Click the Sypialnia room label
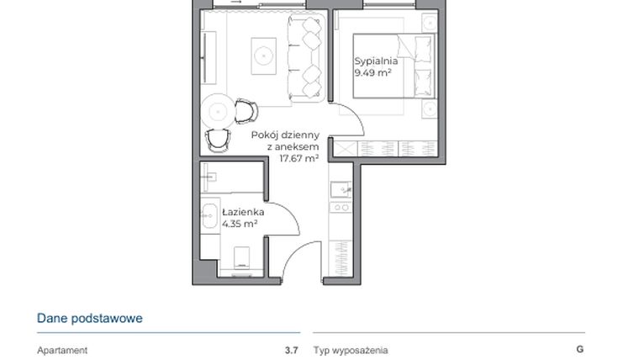click(375, 61)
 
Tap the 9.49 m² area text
click(375, 73)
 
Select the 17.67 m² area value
click(298, 157)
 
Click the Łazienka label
click(243, 213)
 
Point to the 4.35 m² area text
click(240, 225)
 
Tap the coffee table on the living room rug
click(264, 55)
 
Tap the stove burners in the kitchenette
click(342, 207)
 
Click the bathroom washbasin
click(210, 214)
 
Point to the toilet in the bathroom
click(241, 257)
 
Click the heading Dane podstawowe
click(89, 318)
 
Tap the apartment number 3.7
click(291, 350)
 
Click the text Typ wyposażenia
click(351, 350)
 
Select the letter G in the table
click(579, 349)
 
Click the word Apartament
click(62, 350)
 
